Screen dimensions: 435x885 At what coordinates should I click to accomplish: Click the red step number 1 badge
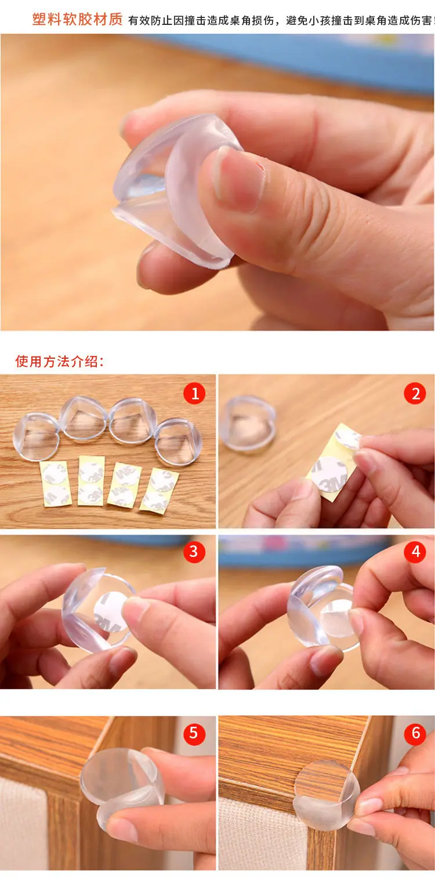tap(194, 393)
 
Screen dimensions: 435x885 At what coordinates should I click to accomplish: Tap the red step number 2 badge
tap(415, 393)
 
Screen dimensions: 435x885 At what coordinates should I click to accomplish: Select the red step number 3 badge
tap(194, 552)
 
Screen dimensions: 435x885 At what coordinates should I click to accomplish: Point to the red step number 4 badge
tap(415, 552)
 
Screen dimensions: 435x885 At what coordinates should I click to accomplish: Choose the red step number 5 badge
tap(194, 734)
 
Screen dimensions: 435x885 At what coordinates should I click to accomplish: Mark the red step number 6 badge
tap(415, 734)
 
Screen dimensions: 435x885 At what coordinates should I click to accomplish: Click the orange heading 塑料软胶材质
tap(78, 19)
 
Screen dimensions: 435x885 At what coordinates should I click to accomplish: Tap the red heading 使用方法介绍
tap(59, 361)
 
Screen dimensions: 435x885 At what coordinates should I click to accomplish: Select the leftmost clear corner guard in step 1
tap(36, 436)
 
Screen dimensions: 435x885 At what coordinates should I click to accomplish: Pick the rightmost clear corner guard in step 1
tap(179, 442)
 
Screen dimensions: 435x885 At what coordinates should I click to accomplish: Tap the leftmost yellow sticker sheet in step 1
tap(56, 485)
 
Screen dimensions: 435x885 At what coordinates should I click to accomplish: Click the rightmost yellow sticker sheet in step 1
tap(159, 491)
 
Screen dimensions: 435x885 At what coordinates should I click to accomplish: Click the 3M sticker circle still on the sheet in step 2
tap(329, 475)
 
